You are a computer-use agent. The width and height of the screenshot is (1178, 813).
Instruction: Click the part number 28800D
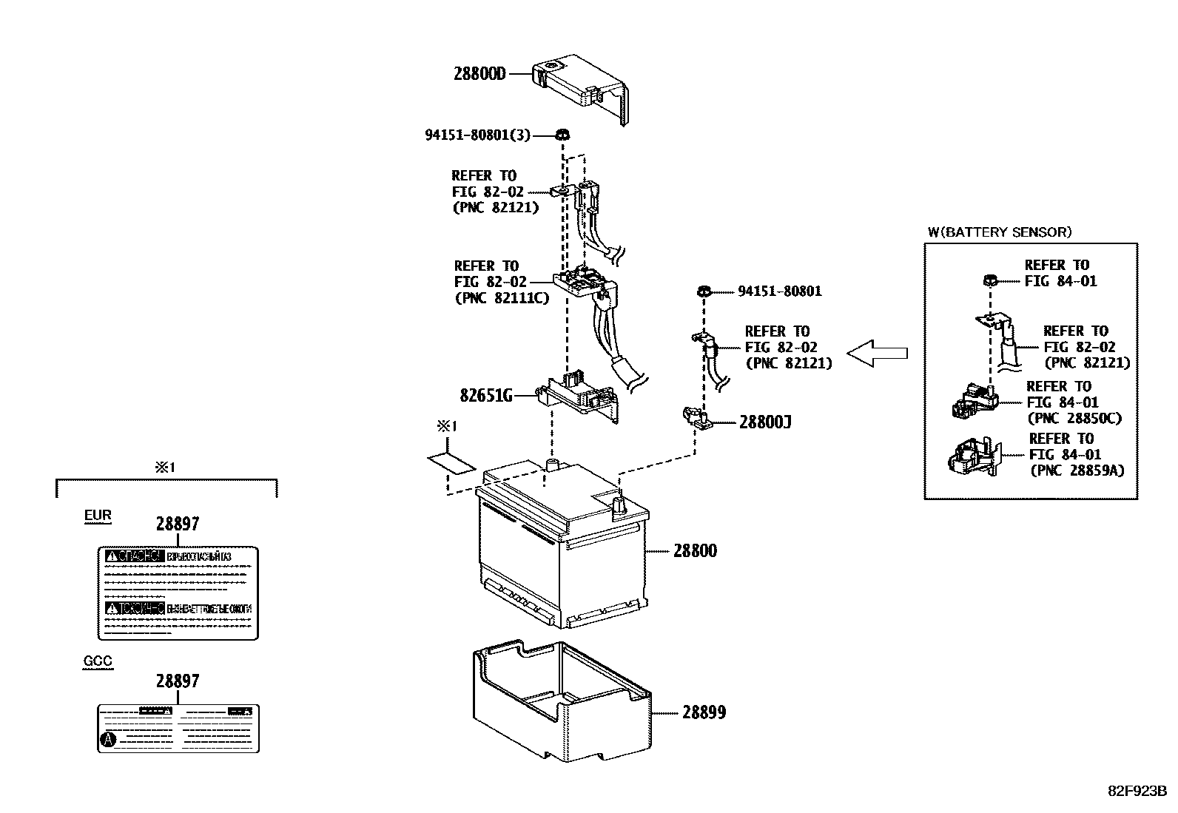479,73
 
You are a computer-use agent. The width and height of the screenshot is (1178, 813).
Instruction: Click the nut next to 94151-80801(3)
562,135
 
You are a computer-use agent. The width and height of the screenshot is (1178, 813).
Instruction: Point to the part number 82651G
486,396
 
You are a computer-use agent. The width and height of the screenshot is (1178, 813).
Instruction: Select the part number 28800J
765,422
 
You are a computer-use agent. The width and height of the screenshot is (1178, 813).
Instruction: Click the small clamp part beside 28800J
696,419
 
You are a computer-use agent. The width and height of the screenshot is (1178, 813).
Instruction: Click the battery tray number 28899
703,712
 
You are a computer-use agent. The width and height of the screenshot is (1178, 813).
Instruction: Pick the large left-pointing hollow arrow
877,354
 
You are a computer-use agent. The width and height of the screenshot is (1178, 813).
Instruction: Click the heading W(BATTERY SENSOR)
999,232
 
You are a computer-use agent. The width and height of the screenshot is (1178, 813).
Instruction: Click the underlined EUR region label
98,516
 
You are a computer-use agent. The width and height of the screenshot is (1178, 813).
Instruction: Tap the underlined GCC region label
98,661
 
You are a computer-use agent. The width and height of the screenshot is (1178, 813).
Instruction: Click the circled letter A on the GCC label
108,739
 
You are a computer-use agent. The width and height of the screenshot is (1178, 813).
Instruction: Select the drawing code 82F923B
1136,790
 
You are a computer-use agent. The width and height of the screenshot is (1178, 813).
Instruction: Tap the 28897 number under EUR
178,524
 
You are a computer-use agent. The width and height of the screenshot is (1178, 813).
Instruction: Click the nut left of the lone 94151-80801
705,291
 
